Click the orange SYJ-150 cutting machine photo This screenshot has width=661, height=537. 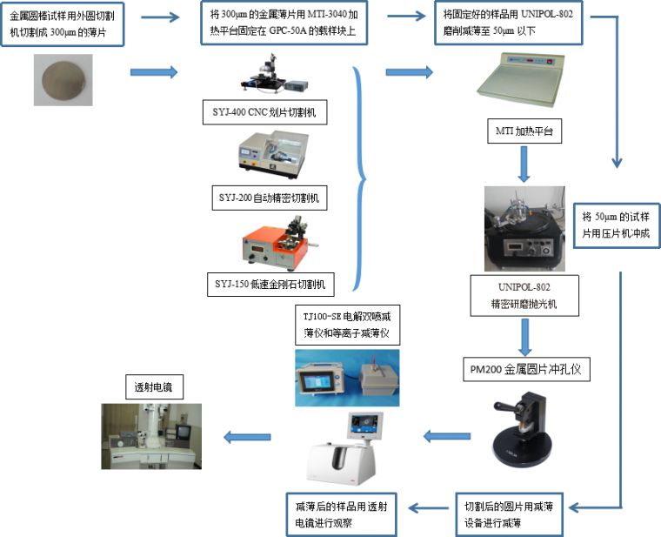click(270, 245)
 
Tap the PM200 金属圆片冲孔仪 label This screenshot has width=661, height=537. click(524, 369)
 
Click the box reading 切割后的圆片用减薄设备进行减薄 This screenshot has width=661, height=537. click(518, 514)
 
